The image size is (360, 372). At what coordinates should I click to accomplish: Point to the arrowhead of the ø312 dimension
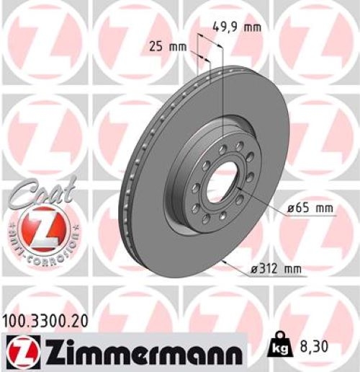[x=225, y=260]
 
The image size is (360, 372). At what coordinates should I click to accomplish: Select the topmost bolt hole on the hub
[x=223, y=148]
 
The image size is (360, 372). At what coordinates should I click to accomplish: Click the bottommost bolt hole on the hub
[x=207, y=219]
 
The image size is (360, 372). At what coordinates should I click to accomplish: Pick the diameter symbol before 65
[x=290, y=208]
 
